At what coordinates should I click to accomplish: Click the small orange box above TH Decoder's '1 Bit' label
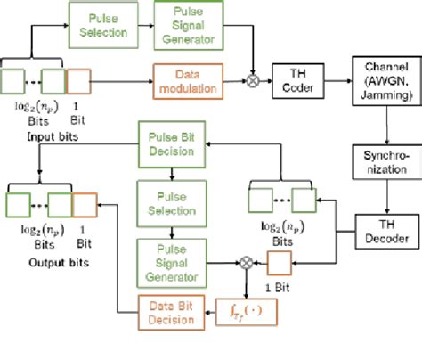279,238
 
